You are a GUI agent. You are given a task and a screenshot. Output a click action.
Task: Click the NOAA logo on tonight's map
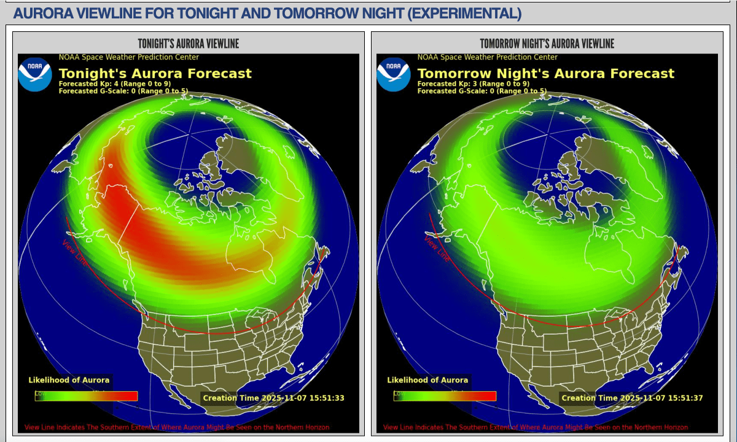pos(34,74)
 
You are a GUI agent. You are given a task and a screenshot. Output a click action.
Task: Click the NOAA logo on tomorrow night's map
pos(393,74)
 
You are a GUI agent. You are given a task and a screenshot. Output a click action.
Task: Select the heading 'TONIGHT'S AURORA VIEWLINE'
pos(188,44)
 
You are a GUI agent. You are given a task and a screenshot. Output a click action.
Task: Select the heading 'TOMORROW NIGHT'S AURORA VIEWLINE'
pos(547,44)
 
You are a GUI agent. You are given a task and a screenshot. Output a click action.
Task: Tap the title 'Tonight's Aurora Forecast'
pos(155,74)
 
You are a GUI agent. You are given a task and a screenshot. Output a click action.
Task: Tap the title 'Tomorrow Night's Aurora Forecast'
pos(545,74)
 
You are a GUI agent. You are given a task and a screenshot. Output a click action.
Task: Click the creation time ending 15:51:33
pos(273,398)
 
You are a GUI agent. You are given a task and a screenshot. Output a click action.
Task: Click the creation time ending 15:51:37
pos(632,398)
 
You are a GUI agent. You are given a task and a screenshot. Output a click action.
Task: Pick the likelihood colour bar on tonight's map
pos(86,396)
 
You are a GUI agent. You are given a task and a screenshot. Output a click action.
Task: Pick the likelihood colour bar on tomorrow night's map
pos(445,396)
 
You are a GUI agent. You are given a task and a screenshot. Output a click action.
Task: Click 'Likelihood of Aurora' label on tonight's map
pos(69,380)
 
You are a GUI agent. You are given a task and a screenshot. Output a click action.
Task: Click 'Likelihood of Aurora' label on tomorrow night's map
pos(427,380)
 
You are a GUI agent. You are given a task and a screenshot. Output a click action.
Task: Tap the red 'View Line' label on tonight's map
pos(75,252)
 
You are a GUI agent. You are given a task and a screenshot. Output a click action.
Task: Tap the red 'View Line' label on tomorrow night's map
pos(436,249)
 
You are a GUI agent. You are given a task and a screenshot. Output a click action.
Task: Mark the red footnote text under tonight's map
pos(177,427)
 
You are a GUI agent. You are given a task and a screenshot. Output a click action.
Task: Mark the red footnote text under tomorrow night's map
pos(536,427)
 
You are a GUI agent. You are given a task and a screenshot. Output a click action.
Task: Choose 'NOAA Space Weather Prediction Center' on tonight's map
pos(128,57)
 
